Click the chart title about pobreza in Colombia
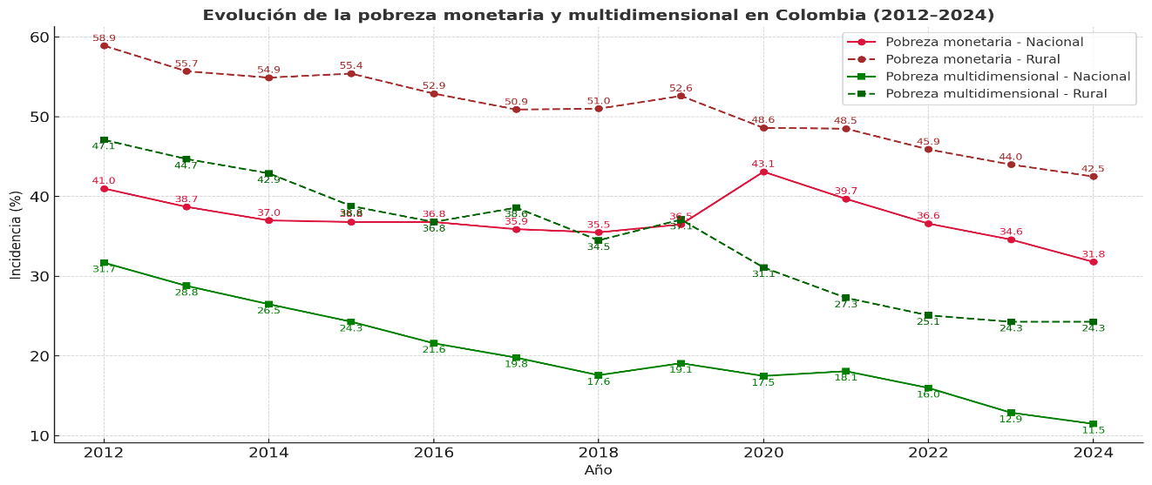click(598, 15)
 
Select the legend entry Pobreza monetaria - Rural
click(972, 59)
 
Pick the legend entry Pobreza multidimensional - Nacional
click(1007, 77)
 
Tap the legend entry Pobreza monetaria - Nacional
click(984, 42)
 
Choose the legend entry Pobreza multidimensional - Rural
click(996, 94)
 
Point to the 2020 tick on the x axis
click(763, 452)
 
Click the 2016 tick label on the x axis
click(433, 452)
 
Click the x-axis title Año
click(598, 470)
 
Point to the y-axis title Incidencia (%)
click(16, 235)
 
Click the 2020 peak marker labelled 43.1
click(763, 172)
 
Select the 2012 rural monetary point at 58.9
click(104, 45)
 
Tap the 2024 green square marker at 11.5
click(1093, 424)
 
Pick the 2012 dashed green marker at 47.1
click(104, 140)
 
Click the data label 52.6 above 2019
click(681, 89)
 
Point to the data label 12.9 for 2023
click(1011, 420)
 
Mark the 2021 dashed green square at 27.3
click(845, 298)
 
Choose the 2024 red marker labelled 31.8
click(1093, 262)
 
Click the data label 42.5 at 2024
click(1093, 169)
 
